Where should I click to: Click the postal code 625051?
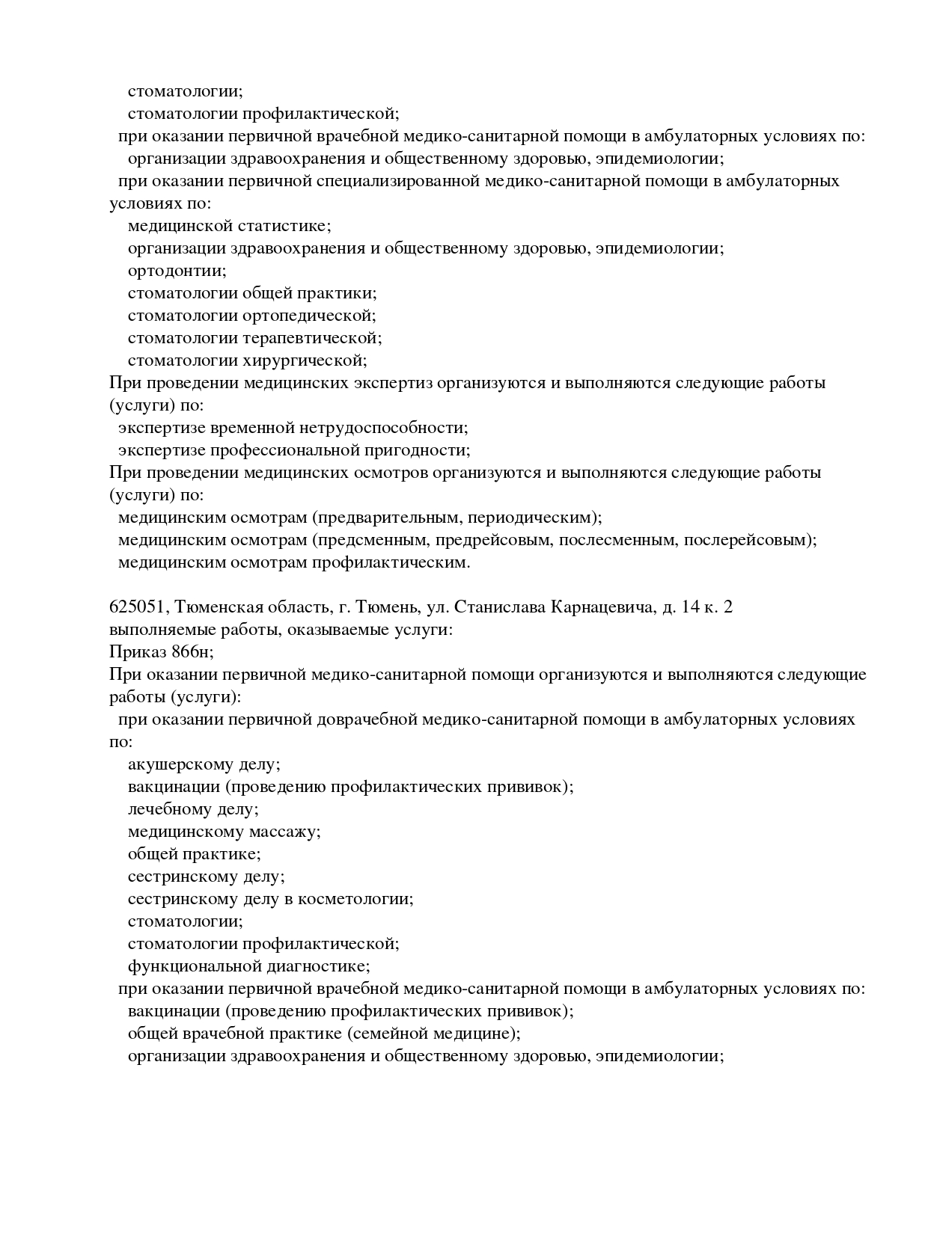pyautogui.click(x=137, y=607)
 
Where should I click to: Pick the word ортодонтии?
pyautogui.click(x=177, y=271)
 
